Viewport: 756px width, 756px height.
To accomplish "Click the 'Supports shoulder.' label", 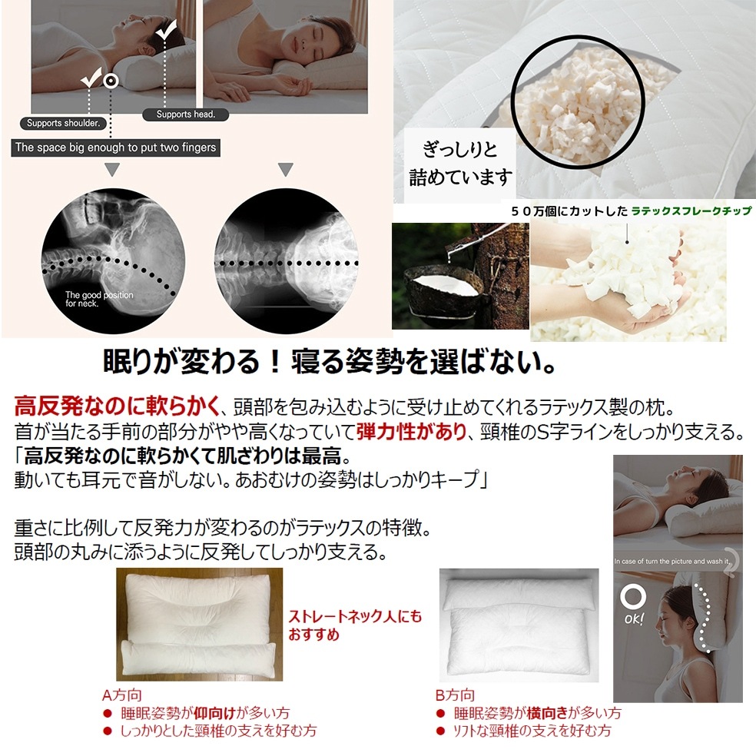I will pyautogui.click(x=64, y=123).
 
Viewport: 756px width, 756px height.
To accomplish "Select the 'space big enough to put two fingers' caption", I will pyautogui.click(x=115, y=148).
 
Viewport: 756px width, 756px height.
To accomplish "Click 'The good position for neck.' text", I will pyautogui.click(x=98, y=299).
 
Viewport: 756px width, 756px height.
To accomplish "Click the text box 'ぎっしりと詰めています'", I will pyautogui.click(x=460, y=164).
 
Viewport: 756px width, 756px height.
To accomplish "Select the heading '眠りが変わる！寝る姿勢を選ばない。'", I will pyautogui.click(x=330, y=363).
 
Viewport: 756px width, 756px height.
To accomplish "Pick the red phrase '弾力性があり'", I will pyautogui.click(x=420, y=433).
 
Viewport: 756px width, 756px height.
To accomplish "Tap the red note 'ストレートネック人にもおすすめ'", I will pyautogui.click(x=355, y=625).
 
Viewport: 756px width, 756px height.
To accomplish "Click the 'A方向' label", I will pyautogui.click(x=121, y=695).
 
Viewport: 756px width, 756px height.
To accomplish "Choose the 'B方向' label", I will pyautogui.click(x=455, y=695).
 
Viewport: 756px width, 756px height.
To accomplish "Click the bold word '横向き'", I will pyautogui.click(x=549, y=713).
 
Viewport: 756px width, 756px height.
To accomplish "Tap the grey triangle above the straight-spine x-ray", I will pyautogui.click(x=286, y=170).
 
